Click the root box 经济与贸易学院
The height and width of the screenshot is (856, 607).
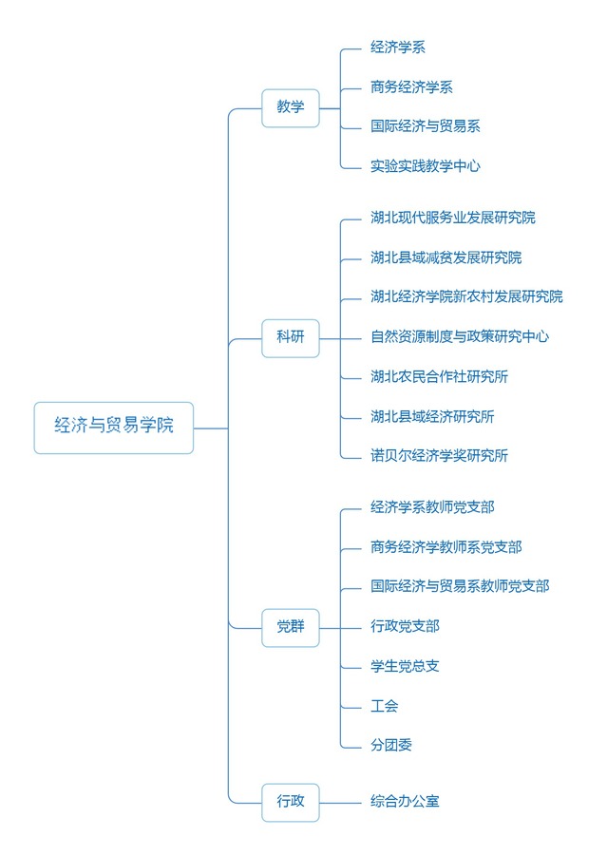(x=114, y=428)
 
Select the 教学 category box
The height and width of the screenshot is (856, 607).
(x=291, y=107)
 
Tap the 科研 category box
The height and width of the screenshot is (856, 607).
(x=291, y=337)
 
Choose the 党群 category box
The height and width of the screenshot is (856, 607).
(x=291, y=626)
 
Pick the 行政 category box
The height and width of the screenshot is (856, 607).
(x=291, y=802)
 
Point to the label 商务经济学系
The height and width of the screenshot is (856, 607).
(x=411, y=87)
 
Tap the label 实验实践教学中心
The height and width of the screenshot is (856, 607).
(x=426, y=166)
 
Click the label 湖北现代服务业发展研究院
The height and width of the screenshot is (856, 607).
(x=453, y=218)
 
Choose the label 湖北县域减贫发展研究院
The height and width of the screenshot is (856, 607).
(x=446, y=257)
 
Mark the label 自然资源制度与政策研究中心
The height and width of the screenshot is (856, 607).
(x=460, y=336)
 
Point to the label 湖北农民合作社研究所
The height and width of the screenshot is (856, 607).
(x=439, y=376)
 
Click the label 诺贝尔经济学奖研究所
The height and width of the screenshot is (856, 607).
(x=439, y=456)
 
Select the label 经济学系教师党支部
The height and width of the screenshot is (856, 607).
(x=432, y=507)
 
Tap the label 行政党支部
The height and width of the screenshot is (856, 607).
(x=405, y=626)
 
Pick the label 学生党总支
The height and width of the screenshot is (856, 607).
(x=405, y=666)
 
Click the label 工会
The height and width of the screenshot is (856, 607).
(x=385, y=706)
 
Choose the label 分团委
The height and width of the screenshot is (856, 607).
(x=391, y=746)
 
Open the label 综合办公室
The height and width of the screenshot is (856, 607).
(x=405, y=802)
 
